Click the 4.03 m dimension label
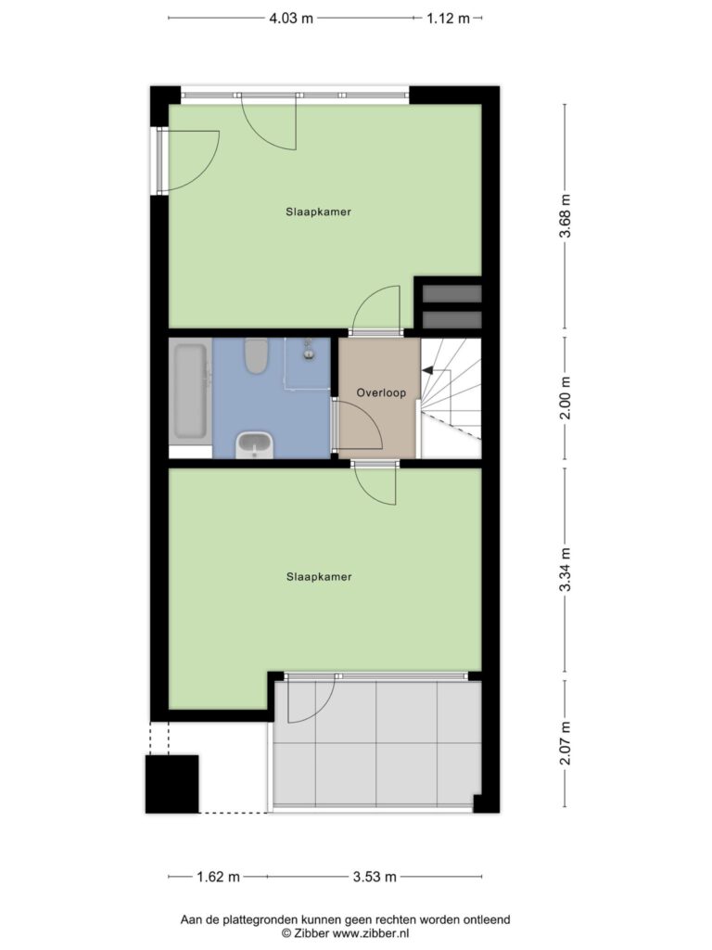coord(291,19)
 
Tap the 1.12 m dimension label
coord(448,19)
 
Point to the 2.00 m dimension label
coord(565,398)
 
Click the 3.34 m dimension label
coord(565,570)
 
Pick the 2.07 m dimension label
coord(565,743)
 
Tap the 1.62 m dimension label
coord(219,877)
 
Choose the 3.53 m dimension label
coord(375,877)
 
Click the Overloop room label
coord(381,392)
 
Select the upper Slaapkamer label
coord(319,212)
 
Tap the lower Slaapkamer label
coord(319,577)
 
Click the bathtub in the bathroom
coord(190,391)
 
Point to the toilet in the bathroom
coord(257,355)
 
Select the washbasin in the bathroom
coord(255,444)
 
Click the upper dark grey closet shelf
coord(451,293)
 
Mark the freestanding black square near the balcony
coord(172,784)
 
